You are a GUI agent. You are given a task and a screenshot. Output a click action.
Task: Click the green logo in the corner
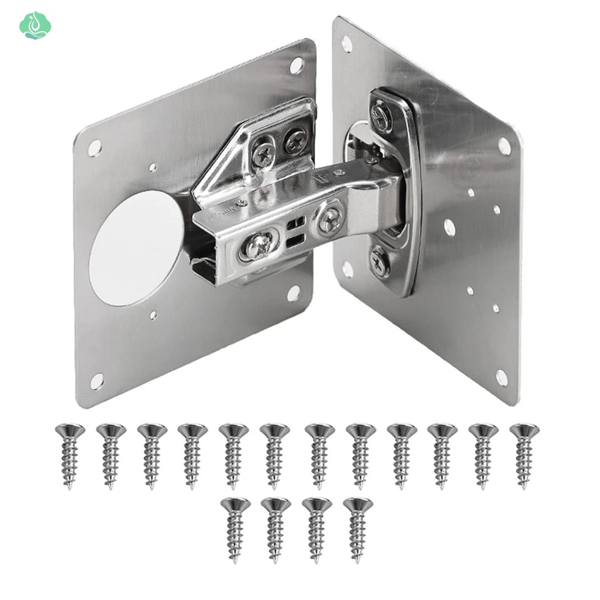(35, 25)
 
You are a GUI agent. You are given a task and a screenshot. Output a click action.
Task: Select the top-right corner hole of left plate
(296, 65)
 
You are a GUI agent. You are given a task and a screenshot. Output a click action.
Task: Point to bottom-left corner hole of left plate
(97, 381)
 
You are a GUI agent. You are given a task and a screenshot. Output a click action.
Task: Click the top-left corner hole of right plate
(347, 44)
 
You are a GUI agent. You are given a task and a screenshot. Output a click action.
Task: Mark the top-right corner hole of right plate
(504, 146)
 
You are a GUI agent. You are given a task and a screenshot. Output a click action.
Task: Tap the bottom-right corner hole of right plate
(501, 378)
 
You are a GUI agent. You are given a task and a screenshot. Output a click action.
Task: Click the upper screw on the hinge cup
(380, 117)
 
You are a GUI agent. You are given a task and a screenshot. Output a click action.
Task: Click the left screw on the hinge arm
(258, 246)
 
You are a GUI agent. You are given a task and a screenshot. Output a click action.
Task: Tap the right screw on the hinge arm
(330, 220)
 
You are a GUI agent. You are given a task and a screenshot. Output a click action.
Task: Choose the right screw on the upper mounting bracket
(295, 140)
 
